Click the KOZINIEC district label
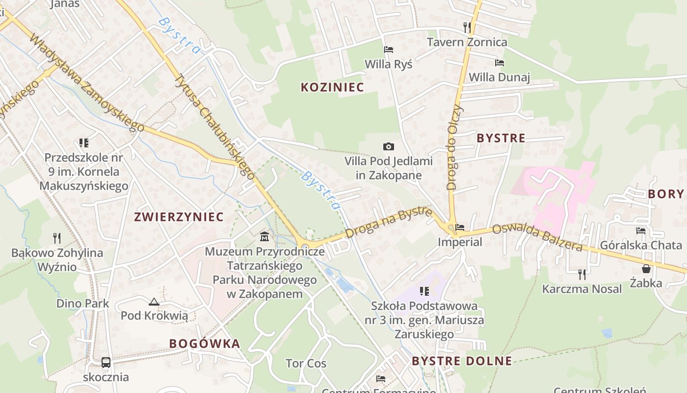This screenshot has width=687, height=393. [332, 87]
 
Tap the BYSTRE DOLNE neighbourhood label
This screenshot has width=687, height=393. [462, 361]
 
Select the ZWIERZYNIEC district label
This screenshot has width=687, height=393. [179, 217]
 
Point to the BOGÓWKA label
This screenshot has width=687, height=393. [205, 343]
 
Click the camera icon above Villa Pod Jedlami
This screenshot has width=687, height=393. [389, 146]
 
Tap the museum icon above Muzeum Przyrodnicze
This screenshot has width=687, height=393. [264, 237]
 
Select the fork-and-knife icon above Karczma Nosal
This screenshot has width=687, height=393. [582, 274]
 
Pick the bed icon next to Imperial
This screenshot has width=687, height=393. [460, 227]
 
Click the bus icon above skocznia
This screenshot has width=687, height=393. [106, 363]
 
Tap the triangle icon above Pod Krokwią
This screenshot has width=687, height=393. [154, 302]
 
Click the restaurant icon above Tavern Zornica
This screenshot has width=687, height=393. [467, 27]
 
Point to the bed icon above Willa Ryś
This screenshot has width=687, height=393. [389, 50]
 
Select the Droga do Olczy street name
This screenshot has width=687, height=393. [455, 147]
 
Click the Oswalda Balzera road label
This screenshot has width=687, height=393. [537, 237]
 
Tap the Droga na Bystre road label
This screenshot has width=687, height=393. [389, 223]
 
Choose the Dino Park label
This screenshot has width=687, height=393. [83, 303]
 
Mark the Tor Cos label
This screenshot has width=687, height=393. [306, 364]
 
